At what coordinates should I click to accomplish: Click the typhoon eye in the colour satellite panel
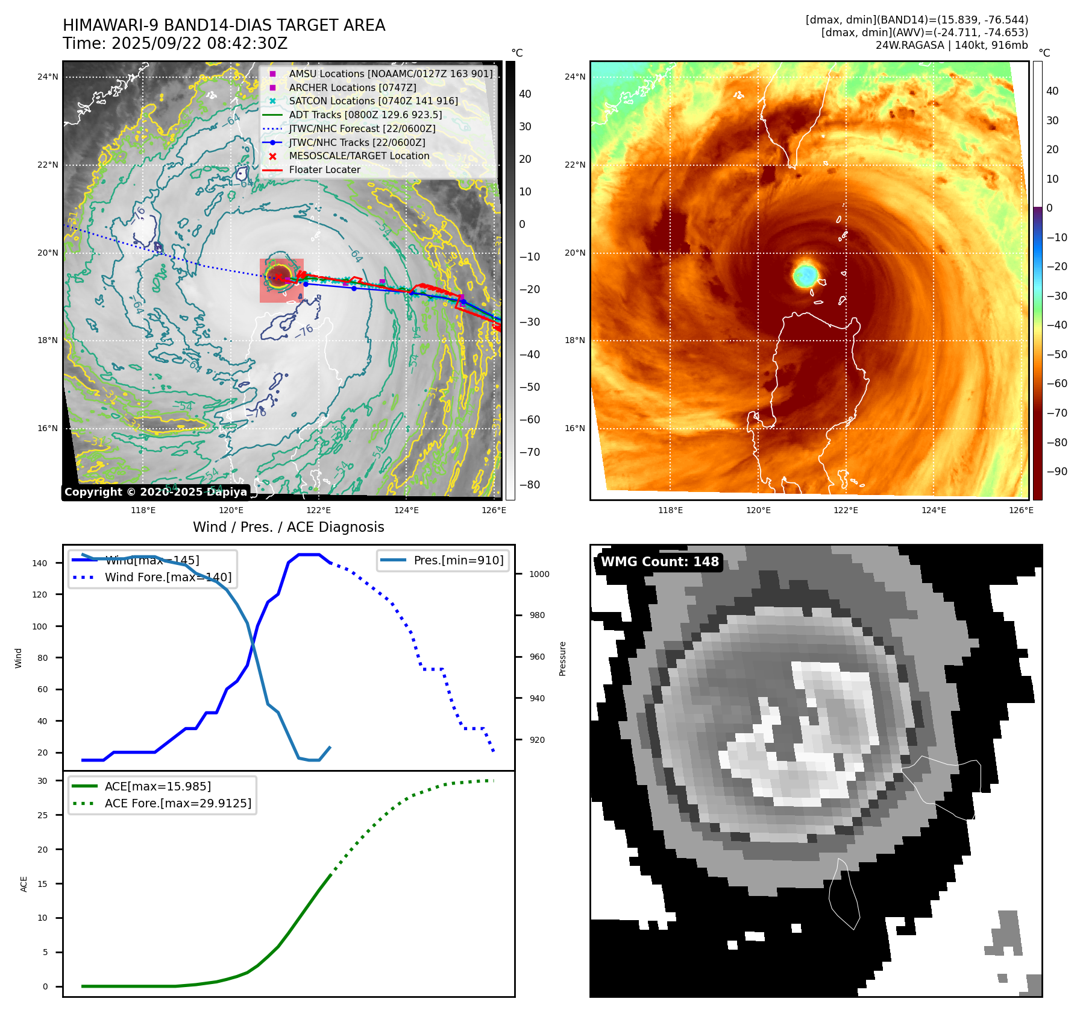pyautogui.click(x=805, y=275)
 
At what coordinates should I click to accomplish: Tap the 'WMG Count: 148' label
pyautogui.click(x=659, y=562)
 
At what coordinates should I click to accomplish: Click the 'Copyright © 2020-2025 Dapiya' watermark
pyautogui.click(x=155, y=492)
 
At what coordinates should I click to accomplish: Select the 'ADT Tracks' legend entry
pyautogui.click(x=365, y=115)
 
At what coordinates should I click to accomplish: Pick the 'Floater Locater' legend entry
pyautogui.click(x=324, y=170)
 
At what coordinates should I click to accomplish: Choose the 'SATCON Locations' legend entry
pyautogui.click(x=373, y=101)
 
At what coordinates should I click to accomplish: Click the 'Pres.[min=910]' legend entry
pyautogui.click(x=458, y=560)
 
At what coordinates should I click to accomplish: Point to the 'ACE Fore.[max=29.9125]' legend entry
pyautogui.click(x=178, y=803)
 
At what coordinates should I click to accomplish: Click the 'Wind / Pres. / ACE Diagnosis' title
pyautogui.click(x=288, y=527)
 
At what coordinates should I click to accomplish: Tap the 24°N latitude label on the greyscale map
pyautogui.click(x=48, y=77)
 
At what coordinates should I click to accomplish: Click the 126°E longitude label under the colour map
pyautogui.click(x=1021, y=510)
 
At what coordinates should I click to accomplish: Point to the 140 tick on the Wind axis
pyautogui.click(x=40, y=563)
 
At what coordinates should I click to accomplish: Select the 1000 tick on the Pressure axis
pyautogui.click(x=539, y=574)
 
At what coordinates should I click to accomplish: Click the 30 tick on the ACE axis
pyautogui.click(x=42, y=781)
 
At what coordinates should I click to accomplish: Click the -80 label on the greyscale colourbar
pyautogui.click(x=530, y=485)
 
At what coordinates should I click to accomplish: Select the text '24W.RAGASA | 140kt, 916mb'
pyautogui.click(x=952, y=45)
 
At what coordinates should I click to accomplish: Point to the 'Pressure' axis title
pyautogui.click(x=562, y=658)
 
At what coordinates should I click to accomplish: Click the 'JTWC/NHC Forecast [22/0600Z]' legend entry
pyautogui.click(x=362, y=128)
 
